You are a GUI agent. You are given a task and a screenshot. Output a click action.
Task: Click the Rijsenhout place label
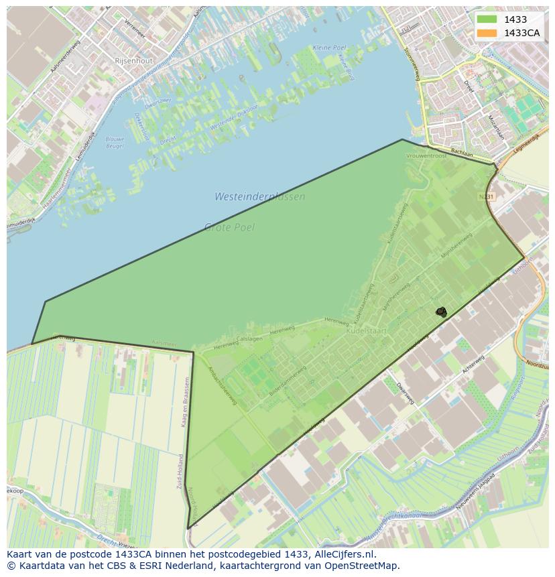(134, 60)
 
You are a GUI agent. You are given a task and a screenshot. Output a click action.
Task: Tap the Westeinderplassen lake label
(259, 197)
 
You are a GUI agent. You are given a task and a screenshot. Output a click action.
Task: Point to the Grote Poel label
(229, 227)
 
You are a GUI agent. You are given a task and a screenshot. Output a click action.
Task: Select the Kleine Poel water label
(330, 48)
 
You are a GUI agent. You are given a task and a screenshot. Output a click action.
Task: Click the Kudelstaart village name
(365, 331)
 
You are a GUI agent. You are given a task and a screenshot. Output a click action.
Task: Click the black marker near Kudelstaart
(441, 312)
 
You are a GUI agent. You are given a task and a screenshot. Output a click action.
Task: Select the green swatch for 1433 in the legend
(487, 19)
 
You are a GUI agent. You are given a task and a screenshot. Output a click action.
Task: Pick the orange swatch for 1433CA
(487, 33)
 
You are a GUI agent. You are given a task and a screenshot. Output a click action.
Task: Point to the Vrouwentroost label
(426, 155)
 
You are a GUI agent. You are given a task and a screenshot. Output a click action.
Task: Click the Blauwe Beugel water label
(115, 142)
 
